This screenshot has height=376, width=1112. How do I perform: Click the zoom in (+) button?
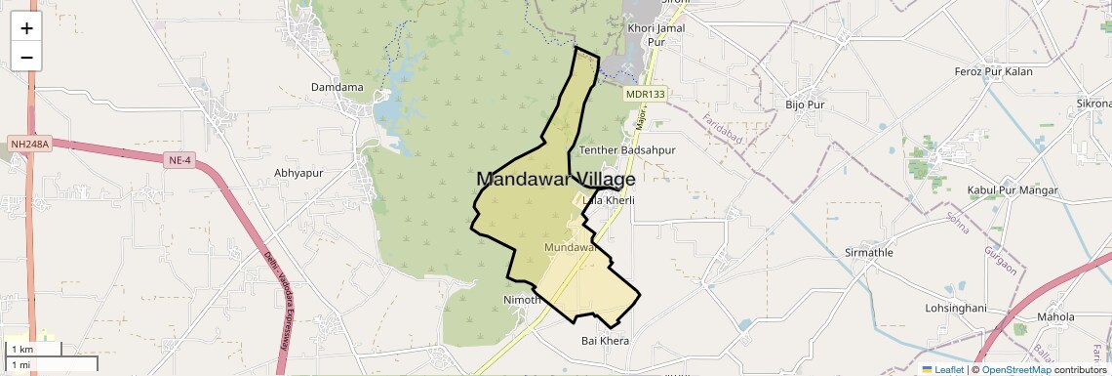point(26,28)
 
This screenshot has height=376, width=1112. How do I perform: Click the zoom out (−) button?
point(26,58)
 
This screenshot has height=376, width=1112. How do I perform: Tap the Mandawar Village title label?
point(556,180)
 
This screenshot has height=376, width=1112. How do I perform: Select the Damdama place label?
point(337,88)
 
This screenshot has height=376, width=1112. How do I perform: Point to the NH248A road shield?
point(29,144)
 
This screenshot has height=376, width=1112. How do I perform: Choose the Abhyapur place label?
point(298,173)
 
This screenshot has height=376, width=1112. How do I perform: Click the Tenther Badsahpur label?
point(627,150)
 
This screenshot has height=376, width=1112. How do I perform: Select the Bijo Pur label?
point(805,104)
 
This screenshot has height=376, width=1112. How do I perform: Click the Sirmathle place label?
point(869,253)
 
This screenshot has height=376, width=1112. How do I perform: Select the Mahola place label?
point(1055,317)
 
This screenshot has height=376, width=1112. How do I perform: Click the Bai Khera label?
point(605,341)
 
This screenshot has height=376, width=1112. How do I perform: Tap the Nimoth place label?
point(521,299)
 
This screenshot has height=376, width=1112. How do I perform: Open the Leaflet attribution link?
point(942,369)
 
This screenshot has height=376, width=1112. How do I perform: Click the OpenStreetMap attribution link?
point(1015,369)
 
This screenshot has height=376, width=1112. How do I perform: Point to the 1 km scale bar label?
point(21,349)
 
